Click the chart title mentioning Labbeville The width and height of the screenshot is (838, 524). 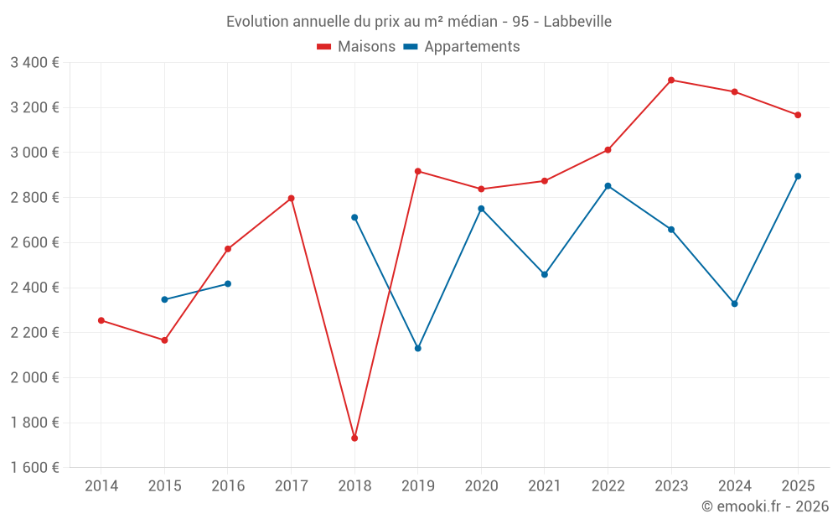tap(419, 21)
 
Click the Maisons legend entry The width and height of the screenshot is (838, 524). tap(356, 47)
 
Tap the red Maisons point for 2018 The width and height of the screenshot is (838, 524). tap(354, 438)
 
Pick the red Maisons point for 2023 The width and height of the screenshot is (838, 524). tap(671, 80)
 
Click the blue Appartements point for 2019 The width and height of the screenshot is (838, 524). tap(418, 348)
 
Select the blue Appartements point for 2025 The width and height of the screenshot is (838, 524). tap(798, 176)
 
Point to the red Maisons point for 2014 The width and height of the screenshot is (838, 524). tap(101, 320)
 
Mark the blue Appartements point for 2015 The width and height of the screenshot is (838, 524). tap(164, 299)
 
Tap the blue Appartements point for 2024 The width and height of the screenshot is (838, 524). tap(734, 304)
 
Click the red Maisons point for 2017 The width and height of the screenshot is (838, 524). tap(291, 198)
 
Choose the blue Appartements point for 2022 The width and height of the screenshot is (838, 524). tap(608, 186)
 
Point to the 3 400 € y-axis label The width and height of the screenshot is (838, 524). tap(34, 62)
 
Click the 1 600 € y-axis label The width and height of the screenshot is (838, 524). tap(34, 467)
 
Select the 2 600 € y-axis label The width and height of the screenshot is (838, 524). tap(34, 242)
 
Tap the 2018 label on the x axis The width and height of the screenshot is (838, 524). tap(354, 485)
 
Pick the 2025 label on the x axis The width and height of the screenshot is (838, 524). tap(798, 485)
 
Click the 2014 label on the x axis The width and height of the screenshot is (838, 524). tap(101, 485)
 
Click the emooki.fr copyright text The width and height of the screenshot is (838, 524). tap(764, 506)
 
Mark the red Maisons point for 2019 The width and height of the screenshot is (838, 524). tap(418, 171)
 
